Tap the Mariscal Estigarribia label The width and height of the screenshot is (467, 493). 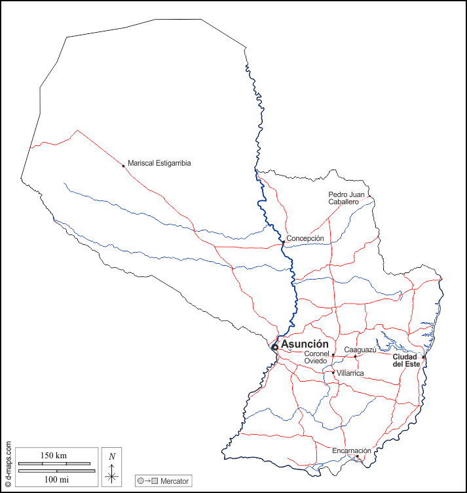pyautogui.click(x=159, y=163)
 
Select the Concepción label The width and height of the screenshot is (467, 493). pyautogui.click(x=305, y=238)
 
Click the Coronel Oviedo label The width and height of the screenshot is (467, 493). pyautogui.click(x=315, y=357)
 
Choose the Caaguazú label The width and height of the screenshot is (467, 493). pyautogui.click(x=360, y=350)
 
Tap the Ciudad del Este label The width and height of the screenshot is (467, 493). pyautogui.click(x=406, y=360)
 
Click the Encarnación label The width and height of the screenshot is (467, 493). pyautogui.click(x=352, y=450)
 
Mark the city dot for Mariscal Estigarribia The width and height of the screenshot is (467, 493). pyautogui.click(x=123, y=166)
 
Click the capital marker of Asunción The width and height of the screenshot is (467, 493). pyautogui.click(x=275, y=347)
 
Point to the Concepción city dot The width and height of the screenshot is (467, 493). pyautogui.click(x=283, y=242)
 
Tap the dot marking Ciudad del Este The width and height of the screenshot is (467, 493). pyautogui.click(x=424, y=357)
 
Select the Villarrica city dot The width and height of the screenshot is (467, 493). pyautogui.click(x=333, y=373)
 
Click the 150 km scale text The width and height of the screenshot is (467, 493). pyautogui.click(x=54, y=455)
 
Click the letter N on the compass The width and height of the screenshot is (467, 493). pyautogui.click(x=112, y=456)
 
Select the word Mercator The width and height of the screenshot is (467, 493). pyautogui.click(x=174, y=481)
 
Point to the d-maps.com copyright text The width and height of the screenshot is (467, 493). pyautogui.click(x=8, y=465)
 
